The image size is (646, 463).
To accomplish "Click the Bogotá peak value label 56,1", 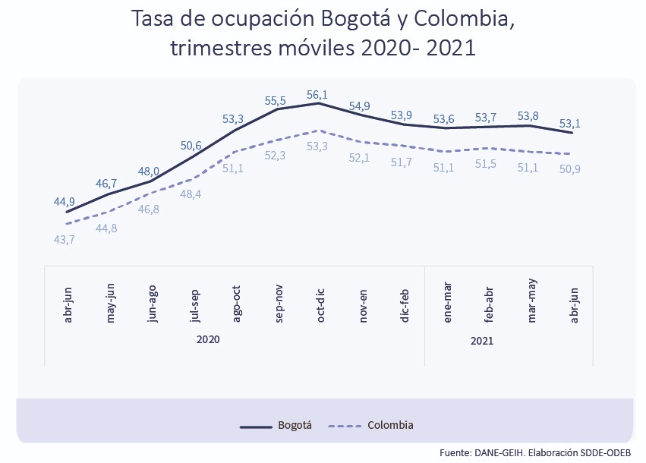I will tap(317, 95).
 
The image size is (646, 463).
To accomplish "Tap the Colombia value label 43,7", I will tap(64, 240).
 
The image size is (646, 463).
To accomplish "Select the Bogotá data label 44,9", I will tap(64, 201).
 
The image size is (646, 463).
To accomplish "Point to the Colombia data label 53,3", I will tap(317, 146).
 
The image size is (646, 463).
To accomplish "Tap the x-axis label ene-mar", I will tap(448, 306).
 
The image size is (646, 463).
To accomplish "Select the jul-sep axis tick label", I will tap(195, 306).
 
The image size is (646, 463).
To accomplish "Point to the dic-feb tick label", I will tap(406, 306).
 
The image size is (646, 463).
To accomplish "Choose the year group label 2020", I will tap(207, 340).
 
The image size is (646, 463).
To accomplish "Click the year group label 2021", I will tap(482, 341).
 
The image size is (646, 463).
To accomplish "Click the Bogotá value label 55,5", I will tap(275, 100).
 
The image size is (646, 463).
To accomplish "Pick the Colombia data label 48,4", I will tap(191, 195).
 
